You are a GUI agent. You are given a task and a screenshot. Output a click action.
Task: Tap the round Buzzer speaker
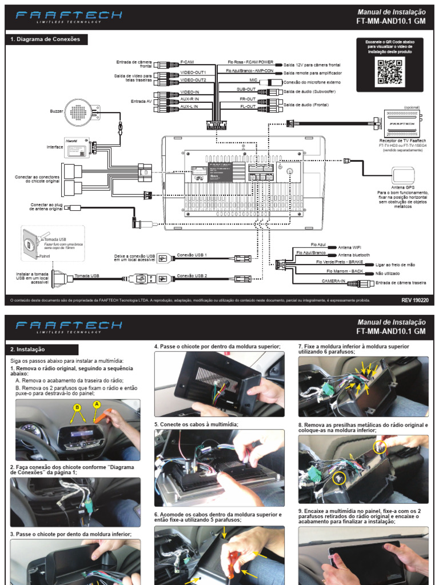coord(81,112)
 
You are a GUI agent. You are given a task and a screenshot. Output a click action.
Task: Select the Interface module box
coord(77,150)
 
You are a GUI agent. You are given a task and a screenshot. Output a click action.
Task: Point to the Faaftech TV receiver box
coord(402,123)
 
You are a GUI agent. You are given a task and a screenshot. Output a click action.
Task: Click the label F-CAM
coord(188,62)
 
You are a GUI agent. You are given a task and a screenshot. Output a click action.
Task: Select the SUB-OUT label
coord(246,90)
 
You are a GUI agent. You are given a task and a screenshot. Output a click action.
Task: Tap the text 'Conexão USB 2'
coord(192,276)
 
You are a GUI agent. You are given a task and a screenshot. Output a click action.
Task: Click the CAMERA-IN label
coord(333,281)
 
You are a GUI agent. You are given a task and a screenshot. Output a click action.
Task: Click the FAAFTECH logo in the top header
coord(69,16)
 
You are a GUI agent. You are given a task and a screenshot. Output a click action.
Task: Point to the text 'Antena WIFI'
coord(351,247)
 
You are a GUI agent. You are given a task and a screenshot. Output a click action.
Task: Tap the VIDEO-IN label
coord(189,92)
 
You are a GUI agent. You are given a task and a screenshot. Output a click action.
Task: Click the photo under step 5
coord(219,468)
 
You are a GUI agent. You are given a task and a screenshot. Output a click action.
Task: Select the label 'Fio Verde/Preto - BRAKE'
coord(340,262)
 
